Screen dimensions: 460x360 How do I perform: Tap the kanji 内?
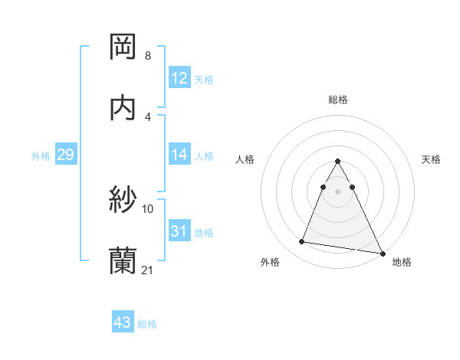pyautogui.click(x=123, y=107)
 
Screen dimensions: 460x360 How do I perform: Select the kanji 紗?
pyautogui.click(x=123, y=200)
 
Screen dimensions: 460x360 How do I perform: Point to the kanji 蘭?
pyautogui.click(x=123, y=261)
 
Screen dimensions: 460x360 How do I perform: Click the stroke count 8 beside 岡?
pyautogui.click(x=147, y=56)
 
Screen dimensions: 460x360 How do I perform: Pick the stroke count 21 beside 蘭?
pyautogui.click(x=148, y=270)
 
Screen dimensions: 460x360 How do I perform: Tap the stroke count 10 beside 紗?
pyautogui.click(x=148, y=208)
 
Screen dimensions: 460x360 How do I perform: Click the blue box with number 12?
pyautogui.click(x=179, y=78)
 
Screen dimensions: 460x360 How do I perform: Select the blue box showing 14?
pyautogui.click(x=179, y=155)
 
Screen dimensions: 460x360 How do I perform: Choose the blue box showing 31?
pyautogui.click(x=179, y=231)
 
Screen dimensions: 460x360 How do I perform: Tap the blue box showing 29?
pyautogui.click(x=65, y=155)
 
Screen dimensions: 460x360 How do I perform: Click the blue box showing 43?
pyautogui.click(x=123, y=322)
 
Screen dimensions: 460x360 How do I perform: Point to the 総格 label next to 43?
pyautogui.click(x=147, y=324)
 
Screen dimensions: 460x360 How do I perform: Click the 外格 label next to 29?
pyautogui.click(x=41, y=156)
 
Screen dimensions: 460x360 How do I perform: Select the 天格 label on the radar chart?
pyautogui.click(x=431, y=159)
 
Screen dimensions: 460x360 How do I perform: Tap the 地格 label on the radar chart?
pyautogui.click(x=402, y=262)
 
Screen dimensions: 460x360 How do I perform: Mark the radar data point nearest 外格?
pyautogui.click(x=302, y=242)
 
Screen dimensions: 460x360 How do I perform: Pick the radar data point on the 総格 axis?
pyautogui.click(x=338, y=162)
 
